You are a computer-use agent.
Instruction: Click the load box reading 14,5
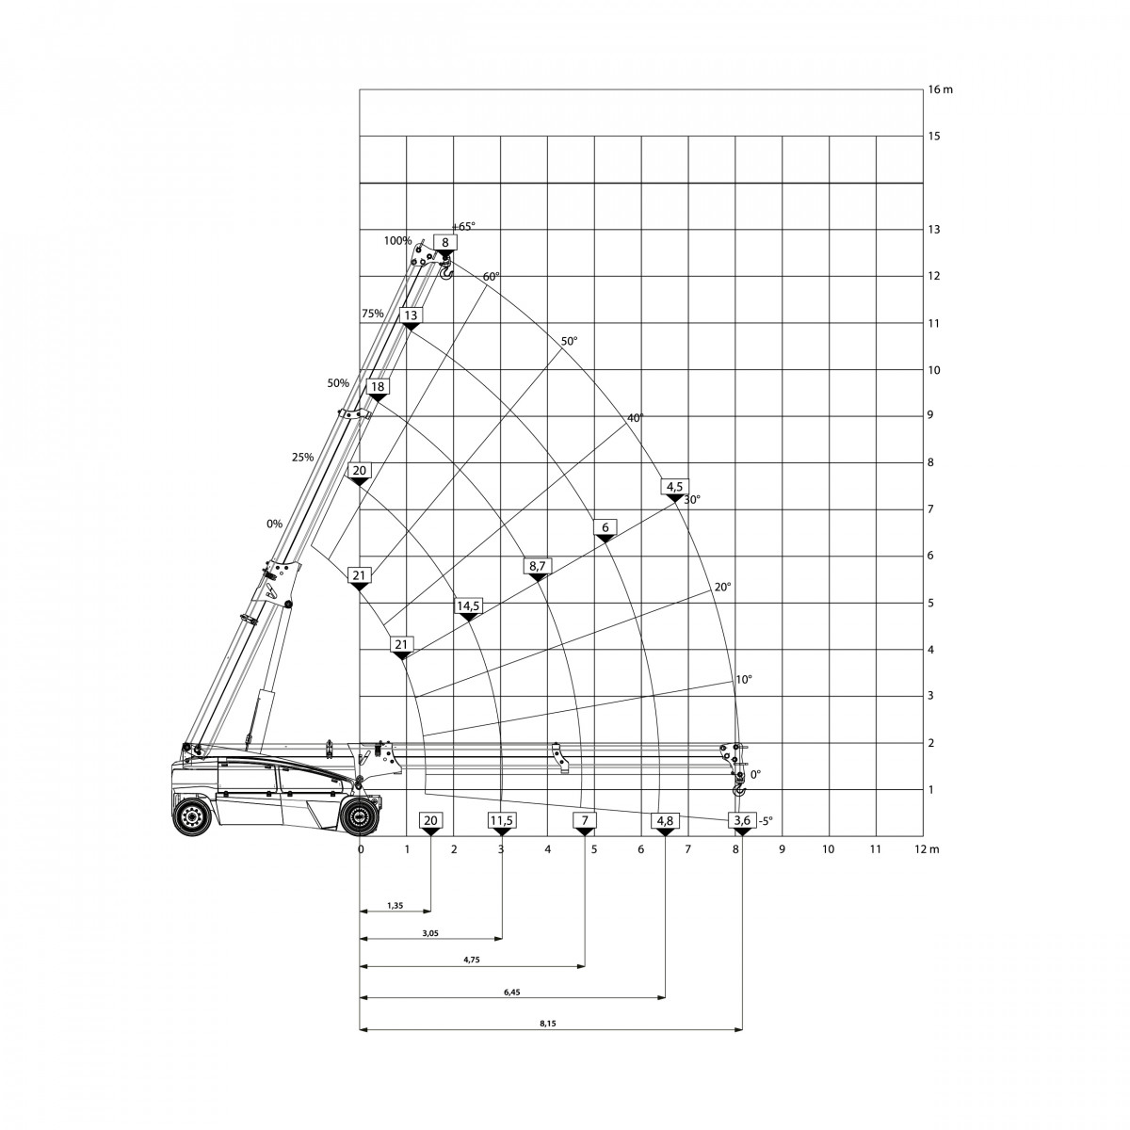468,605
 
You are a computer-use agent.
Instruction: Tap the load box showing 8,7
537,565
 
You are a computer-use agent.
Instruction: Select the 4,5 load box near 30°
674,486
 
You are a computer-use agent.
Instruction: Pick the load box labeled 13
411,315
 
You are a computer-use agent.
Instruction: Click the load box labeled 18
378,386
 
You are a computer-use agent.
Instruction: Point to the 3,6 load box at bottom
742,820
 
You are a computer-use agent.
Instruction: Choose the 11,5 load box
501,820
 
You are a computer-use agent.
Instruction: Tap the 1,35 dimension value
395,905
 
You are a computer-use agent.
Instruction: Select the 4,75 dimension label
472,977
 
